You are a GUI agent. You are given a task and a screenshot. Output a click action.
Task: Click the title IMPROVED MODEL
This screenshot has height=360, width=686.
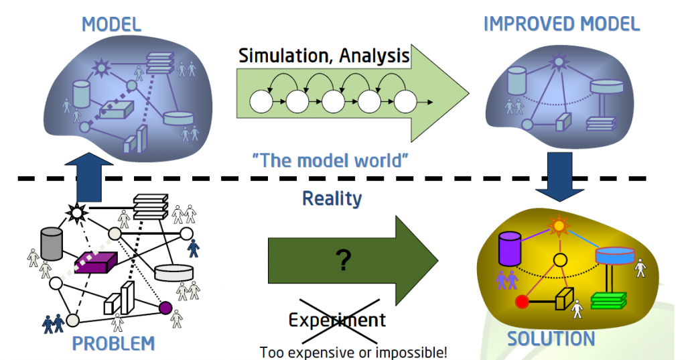(561, 24)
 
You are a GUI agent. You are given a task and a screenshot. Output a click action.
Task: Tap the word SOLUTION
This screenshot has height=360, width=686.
(551, 339)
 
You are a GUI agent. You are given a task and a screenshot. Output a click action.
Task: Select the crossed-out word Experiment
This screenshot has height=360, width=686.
(337, 320)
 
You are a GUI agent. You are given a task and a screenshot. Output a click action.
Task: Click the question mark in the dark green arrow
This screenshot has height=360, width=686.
(344, 260)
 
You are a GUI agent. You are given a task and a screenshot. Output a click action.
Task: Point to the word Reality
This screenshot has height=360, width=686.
(332, 198)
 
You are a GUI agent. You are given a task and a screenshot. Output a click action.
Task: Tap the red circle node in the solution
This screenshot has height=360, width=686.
(521, 302)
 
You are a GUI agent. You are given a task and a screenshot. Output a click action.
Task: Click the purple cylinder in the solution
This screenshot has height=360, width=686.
(510, 249)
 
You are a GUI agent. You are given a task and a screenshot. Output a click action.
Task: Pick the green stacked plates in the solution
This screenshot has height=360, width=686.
(608, 300)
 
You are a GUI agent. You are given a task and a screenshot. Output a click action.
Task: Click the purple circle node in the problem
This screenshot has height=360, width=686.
(165, 308)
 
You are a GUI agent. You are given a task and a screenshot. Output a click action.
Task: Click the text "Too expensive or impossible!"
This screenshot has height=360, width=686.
(353, 351)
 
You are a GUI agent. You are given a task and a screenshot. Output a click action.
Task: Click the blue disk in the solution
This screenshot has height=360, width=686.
(614, 255)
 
